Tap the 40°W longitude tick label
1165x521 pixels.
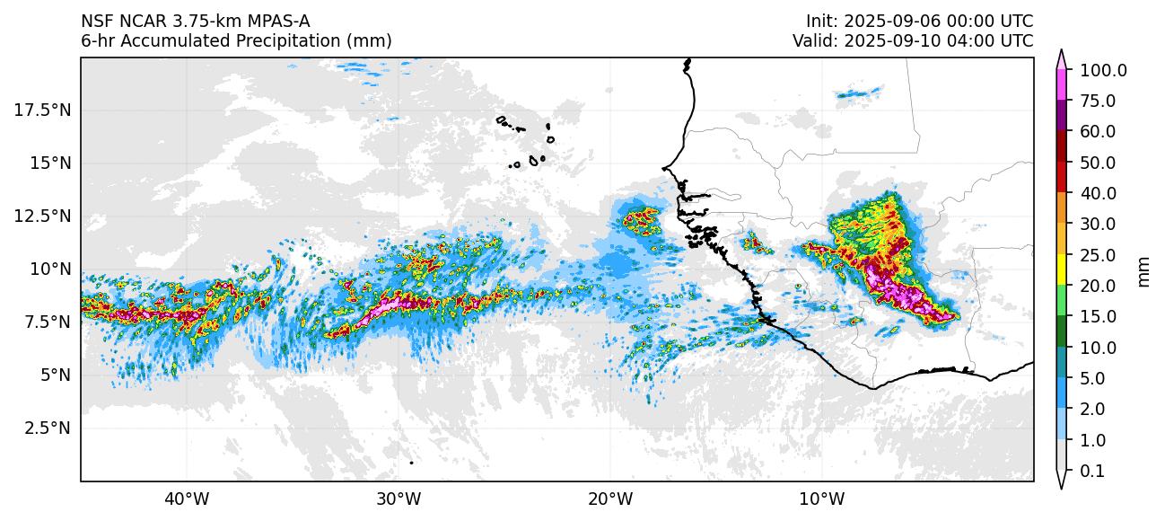(x=187, y=498)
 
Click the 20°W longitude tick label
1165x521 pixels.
(x=610, y=498)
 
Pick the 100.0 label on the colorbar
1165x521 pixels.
(x=1104, y=70)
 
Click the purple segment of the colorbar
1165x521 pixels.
(x=1061, y=114)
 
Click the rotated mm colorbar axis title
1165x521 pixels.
(x=1143, y=269)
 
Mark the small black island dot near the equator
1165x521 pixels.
(x=411, y=463)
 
